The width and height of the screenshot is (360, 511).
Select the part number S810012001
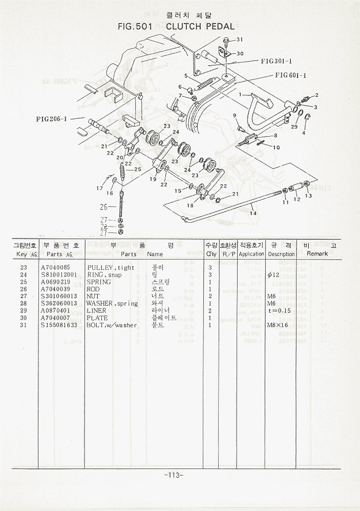(x=59, y=275)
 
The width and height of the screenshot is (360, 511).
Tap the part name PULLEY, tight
(x=111, y=268)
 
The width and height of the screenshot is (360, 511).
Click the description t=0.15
(x=280, y=311)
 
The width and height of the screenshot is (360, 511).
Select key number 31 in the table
(x=24, y=325)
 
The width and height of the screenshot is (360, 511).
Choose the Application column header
(x=251, y=254)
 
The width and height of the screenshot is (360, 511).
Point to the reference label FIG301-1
(x=276, y=60)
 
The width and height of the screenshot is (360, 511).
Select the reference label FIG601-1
(x=290, y=75)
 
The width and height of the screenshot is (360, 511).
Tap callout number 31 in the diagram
(x=240, y=39)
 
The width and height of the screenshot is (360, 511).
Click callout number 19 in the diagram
(x=153, y=179)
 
